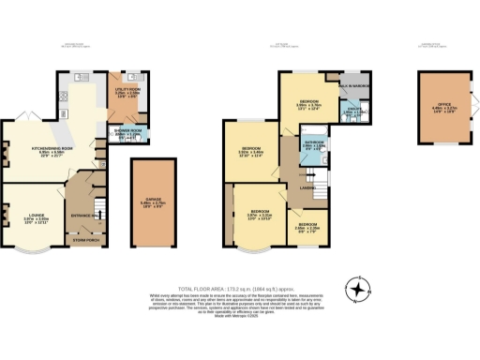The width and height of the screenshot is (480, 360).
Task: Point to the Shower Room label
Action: point(127,133)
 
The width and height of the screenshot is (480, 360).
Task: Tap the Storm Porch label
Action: point(86,239)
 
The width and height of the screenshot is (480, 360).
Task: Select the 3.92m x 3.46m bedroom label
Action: point(250,150)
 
